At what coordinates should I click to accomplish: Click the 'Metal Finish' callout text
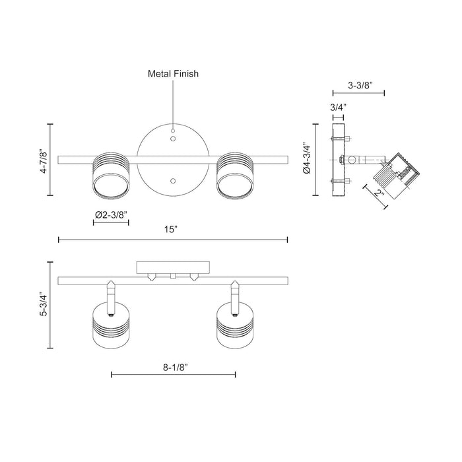coord(172,75)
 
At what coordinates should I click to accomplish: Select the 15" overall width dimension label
coord(172,229)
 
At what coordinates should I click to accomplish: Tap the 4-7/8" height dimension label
coord(44,160)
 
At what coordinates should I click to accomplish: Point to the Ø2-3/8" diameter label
coord(111,214)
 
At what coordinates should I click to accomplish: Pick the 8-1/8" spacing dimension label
coord(173,364)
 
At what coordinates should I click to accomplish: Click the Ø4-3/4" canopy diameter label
coord(306,160)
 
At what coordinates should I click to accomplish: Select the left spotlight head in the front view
coord(110,175)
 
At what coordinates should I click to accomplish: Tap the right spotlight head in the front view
coord(235,175)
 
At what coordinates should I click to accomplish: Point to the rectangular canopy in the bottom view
coord(172,267)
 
